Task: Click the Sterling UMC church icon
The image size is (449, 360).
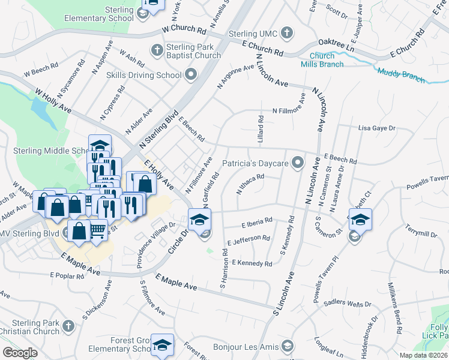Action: pyautogui.click(x=287, y=32)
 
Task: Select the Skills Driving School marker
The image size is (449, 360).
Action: pyautogui.click(x=191, y=75)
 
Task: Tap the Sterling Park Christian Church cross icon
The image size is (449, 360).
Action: pyautogui.click(x=68, y=326)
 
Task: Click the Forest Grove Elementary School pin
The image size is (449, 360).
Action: pyautogui.click(x=161, y=344)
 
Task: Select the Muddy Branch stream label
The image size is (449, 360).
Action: pyautogui.click(x=401, y=76)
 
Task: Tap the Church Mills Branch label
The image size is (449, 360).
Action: pyautogui.click(x=322, y=61)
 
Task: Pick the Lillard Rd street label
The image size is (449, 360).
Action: pyautogui.click(x=261, y=129)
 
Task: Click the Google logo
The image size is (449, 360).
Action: pyautogui.click(x=20, y=353)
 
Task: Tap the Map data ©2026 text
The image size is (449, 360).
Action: pyautogui.click(x=423, y=355)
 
